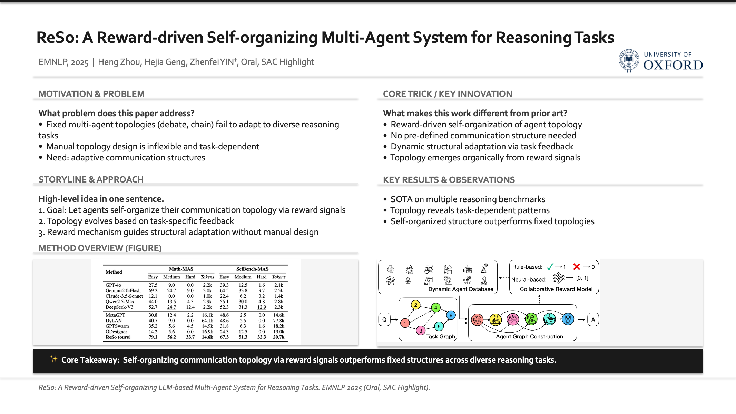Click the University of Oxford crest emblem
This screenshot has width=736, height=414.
tap(629, 61)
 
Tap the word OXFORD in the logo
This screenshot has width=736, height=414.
tap(673, 65)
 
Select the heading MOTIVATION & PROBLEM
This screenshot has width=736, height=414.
tap(91, 94)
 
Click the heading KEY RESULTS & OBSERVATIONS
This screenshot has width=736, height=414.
tap(449, 180)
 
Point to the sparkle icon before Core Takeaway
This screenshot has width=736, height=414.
tap(54, 359)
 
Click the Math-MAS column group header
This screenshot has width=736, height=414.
tap(181, 269)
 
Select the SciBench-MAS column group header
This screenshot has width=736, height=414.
tap(252, 269)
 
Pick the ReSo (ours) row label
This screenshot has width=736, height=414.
tap(118, 337)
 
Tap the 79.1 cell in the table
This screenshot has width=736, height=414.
tap(153, 337)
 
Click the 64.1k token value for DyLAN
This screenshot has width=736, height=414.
tap(207, 321)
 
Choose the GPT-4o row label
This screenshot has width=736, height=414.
tap(113, 285)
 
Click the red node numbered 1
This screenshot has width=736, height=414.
tap(405, 323)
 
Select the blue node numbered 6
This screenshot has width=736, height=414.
tap(451, 315)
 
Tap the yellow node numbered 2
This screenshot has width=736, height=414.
tap(415, 305)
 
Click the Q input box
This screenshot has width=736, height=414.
tap(384, 319)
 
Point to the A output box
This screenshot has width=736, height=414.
tap(593, 319)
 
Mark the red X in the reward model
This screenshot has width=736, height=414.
tap(576, 267)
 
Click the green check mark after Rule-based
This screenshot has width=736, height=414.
tap(550, 267)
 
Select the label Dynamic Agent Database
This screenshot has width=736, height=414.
tap(461, 289)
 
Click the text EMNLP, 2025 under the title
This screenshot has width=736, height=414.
tap(63, 62)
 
